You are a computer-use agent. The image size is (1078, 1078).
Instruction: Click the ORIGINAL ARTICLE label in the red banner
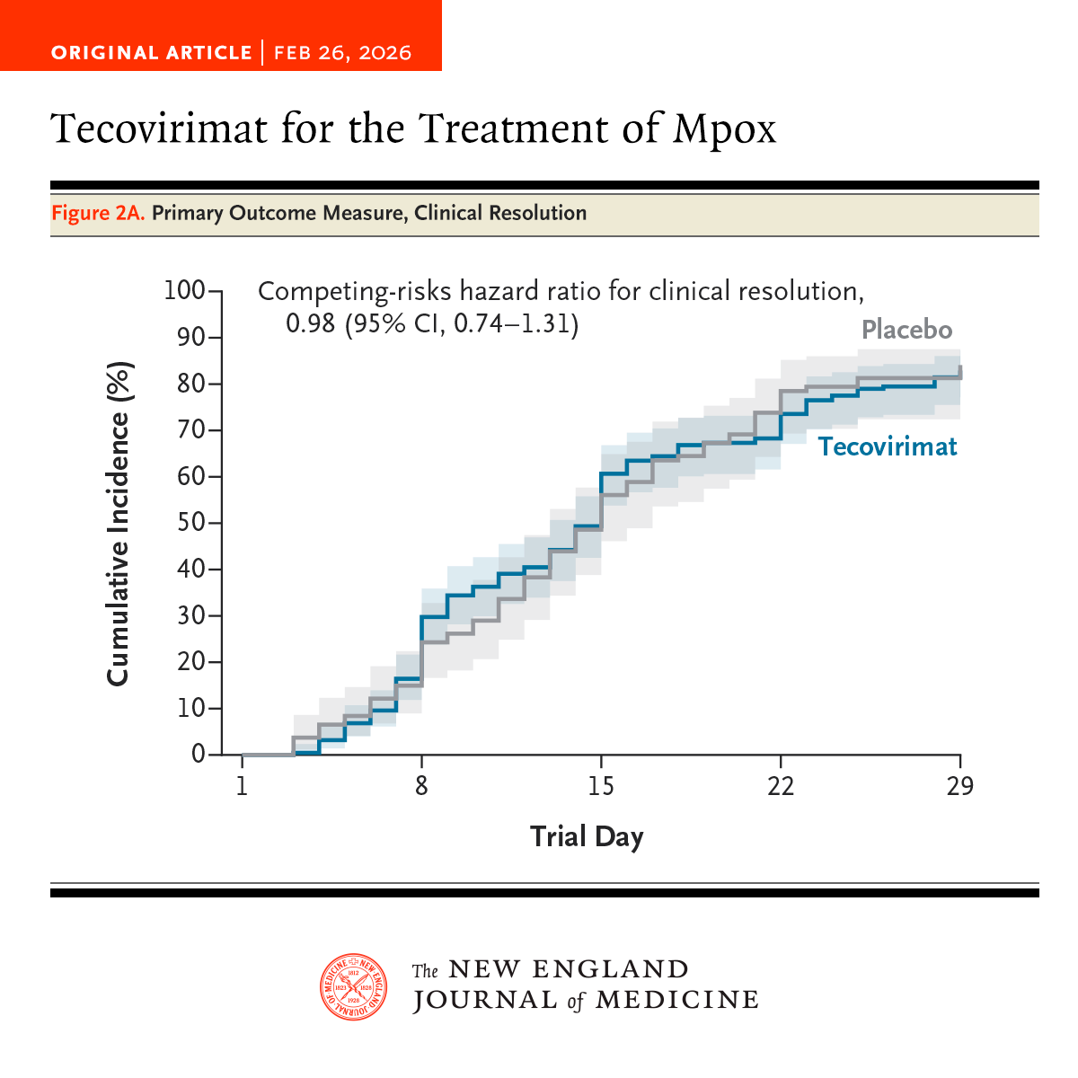tap(151, 52)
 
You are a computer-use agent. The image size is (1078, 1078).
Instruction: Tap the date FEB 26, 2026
tap(342, 52)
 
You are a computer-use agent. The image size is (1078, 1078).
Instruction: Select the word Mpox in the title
tap(724, 128)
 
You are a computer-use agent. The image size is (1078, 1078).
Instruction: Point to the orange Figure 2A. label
tap(98, 213)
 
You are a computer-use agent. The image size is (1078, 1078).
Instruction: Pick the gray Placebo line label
tap(906, 330)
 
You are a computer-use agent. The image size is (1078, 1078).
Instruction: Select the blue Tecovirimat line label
tap(888, 446)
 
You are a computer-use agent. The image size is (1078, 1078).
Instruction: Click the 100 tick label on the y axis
tap(184, 291)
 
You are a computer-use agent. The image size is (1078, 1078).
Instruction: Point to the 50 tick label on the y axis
tap(191, 523)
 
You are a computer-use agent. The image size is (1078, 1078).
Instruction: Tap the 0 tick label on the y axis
tap(199, 755)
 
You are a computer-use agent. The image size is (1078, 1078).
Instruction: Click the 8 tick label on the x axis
tap(421, 786)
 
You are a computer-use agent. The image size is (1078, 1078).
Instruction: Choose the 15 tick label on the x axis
tap(601, 786)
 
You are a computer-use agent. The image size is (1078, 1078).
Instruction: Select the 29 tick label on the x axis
tap(959, 786)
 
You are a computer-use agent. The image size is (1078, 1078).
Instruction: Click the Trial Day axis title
tap(587, 836)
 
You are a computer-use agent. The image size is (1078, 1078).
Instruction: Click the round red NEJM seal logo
tap(355, 986)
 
